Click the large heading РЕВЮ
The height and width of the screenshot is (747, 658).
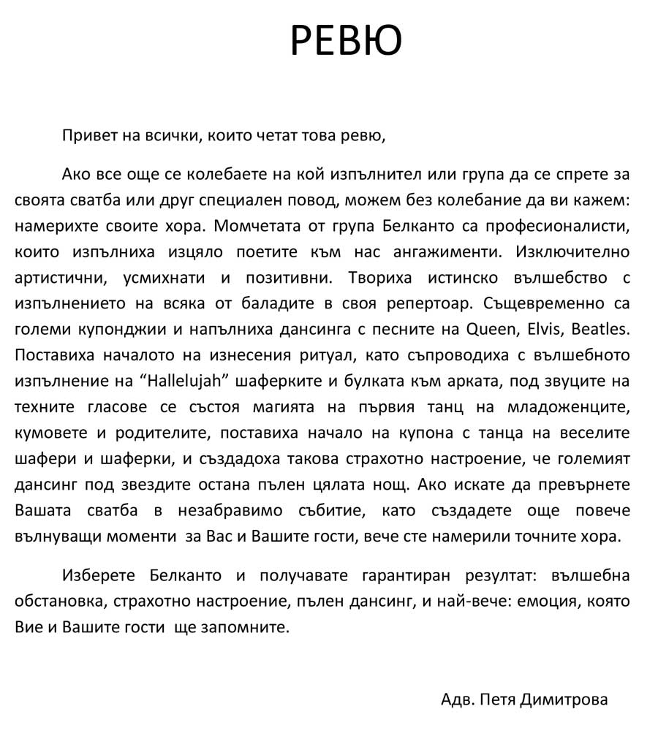point(346,41)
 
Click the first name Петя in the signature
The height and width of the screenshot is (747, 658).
point(500,699)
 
